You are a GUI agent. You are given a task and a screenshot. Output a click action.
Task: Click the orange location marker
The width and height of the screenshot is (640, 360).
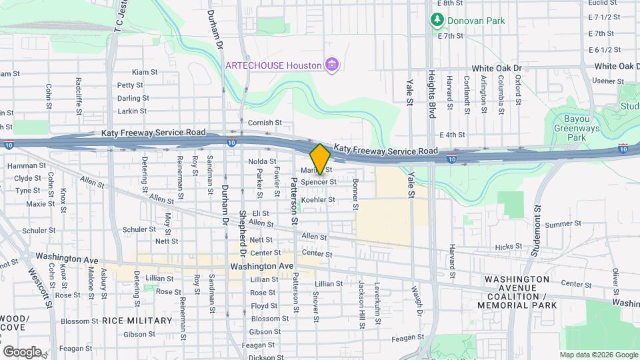[321, 159]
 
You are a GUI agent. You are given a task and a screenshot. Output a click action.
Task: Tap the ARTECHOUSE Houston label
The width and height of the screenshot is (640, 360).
[273, 65]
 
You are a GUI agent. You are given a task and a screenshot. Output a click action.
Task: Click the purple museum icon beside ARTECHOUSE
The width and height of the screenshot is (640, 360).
[331, 65]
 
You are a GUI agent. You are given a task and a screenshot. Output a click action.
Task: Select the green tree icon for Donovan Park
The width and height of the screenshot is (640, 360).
[437, 20]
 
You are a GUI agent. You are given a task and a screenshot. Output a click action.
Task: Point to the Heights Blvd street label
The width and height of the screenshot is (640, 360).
[432, 93]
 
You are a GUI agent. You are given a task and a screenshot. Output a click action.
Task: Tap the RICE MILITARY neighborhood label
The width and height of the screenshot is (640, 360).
[137, 321]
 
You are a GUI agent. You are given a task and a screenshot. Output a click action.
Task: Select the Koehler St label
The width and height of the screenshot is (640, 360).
[317, 199]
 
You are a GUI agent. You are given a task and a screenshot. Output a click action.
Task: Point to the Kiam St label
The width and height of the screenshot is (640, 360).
[145, 72]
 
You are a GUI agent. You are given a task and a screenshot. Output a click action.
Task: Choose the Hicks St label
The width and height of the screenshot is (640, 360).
[509, 247]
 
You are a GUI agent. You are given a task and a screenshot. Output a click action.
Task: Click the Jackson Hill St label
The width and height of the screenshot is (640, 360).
[361, 300]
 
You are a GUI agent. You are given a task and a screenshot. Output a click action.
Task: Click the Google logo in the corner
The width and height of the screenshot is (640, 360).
[22, 351]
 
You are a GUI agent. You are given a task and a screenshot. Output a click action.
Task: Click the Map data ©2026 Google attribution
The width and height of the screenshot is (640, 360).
[598, 355]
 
